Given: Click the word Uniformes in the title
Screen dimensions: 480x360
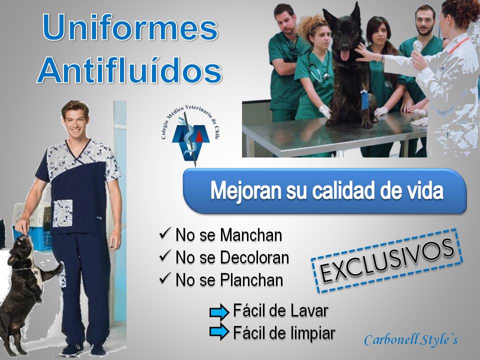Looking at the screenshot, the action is pos(130,27).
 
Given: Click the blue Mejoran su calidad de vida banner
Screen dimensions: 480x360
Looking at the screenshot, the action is pos(325,191).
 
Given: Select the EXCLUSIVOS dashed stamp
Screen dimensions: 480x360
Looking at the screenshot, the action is pos(387,261).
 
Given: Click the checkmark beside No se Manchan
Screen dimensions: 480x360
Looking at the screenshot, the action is pos(165,233).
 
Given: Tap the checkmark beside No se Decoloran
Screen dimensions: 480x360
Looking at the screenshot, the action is pos(165,255).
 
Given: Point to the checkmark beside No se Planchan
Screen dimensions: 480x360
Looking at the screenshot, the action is pos(165,278).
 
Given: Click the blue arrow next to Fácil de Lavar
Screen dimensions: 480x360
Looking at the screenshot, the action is pos(219,312).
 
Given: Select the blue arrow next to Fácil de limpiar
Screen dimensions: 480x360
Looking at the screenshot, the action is pos(219,332).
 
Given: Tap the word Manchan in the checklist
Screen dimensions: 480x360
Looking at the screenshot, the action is pos(251,235).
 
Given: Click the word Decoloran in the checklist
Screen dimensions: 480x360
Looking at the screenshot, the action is pos(254,257).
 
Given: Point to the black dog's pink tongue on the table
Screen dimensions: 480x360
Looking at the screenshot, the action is pos(345,55).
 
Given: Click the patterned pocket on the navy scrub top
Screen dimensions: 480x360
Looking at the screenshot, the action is pos(63,213).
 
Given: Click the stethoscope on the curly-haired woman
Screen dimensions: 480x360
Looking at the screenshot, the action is pos(318,67).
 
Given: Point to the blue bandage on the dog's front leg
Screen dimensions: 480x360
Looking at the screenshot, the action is pos(364,100).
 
